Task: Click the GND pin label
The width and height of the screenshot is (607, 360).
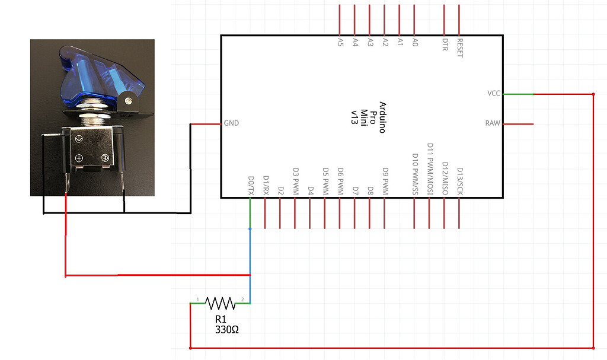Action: click(231, 124)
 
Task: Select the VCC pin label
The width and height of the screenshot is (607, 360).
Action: click(493, 94)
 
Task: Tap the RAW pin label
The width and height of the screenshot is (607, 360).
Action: click(493, 124)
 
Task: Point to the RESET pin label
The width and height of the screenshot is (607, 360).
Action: click(459, 47)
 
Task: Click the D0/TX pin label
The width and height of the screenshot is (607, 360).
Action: click(251, 185)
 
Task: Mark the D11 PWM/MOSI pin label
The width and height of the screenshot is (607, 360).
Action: click(430, 169)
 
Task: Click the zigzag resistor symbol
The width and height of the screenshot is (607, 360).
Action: click(221, 304)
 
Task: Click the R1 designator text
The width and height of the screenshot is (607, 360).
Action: click(221, 319)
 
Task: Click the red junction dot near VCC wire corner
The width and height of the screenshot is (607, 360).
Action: click(593, 94)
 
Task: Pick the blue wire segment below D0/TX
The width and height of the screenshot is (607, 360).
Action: click(250, 261)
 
